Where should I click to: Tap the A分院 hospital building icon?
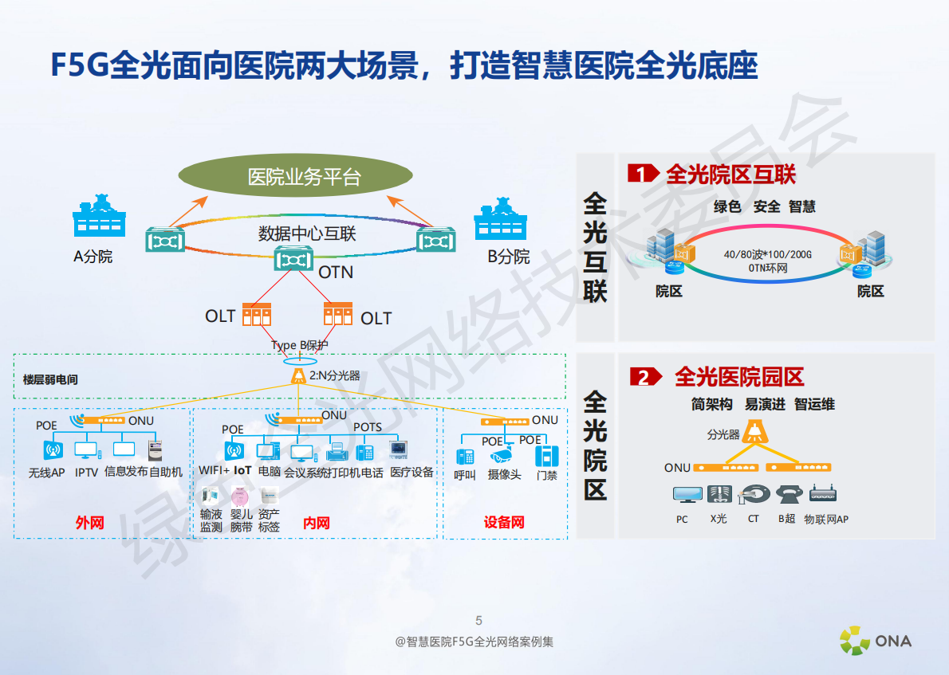100,216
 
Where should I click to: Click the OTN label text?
336,273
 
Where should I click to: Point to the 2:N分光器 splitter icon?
299,375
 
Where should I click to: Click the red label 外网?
89,523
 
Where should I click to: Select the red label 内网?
316,523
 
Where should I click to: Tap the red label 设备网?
504,523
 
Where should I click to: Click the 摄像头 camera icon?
502,456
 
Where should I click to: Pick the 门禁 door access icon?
547,455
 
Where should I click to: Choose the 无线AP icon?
53,450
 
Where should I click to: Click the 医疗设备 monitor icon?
398,450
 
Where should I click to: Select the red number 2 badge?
643,377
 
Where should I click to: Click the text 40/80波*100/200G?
767,254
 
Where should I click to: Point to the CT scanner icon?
752,495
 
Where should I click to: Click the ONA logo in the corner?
875,640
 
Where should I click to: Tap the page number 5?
478,621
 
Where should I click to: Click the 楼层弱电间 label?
50,380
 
